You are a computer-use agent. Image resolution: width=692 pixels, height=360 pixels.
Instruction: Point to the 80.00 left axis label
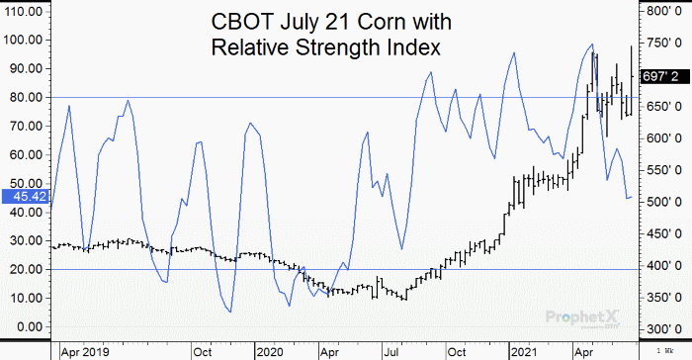coord(23,97)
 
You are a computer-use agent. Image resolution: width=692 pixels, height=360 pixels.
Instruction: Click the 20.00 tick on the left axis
coord(23,269)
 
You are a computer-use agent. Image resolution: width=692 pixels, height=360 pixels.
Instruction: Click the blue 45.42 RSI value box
coord(22,197)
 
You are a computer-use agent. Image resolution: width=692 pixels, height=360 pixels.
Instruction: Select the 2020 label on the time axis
coord(268,351)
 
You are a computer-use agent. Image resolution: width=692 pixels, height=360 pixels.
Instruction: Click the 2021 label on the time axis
coord(522,351)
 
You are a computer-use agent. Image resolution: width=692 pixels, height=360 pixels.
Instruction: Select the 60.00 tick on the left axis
coord(23,154)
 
